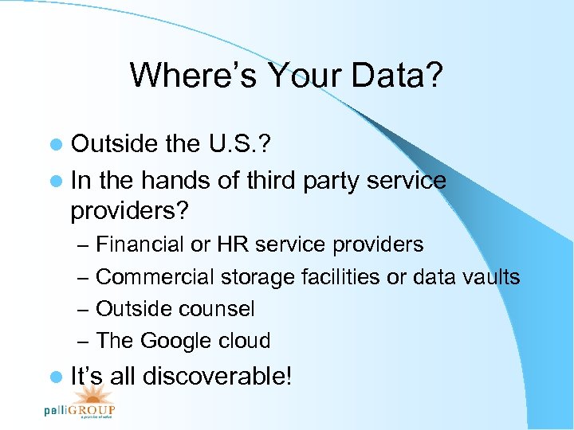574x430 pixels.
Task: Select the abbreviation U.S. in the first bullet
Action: point(230,143)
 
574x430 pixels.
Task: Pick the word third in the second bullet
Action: point(270,180)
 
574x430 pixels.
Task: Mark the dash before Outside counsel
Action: point(85,309)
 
